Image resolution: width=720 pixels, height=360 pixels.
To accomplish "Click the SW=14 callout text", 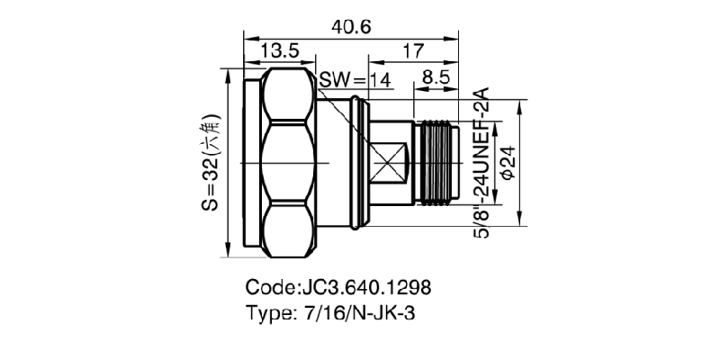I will coord(355,81).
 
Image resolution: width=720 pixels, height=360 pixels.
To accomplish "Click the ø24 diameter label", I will coord(506,162).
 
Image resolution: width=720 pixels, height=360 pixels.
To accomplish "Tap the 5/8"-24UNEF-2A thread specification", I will coord(481,162).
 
